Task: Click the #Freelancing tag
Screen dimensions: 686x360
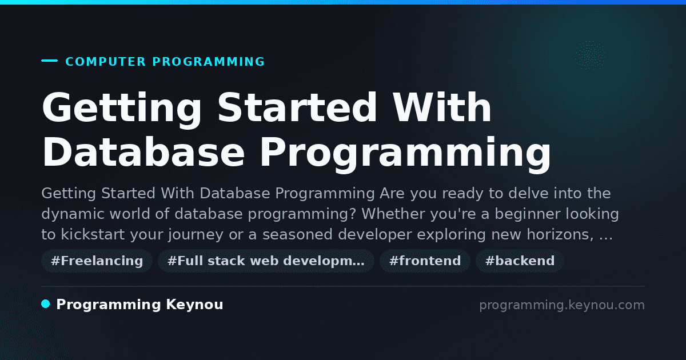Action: click(97, 261)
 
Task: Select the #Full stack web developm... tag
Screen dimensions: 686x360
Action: click(266, 261)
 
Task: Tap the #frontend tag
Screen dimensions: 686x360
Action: click(425, 261)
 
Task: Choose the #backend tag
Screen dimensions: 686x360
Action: click(520, 261)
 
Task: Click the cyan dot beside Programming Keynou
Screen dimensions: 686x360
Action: click(46, 304)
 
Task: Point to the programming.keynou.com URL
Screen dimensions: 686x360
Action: click(562, 305)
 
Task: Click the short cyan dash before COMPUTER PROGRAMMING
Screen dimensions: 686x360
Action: click(49, 61)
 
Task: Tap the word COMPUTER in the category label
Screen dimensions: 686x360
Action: click(105, 62)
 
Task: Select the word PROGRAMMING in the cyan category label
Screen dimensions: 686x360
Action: click(208, 62)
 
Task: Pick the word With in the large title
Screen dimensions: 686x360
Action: click(442, 107)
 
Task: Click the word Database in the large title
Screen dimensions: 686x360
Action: click(143, 151)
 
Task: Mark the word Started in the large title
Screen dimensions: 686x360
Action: click(297, 107)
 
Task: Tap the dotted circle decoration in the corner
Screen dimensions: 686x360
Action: click(590, 55)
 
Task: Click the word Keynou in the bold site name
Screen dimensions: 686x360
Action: click(194, 305)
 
